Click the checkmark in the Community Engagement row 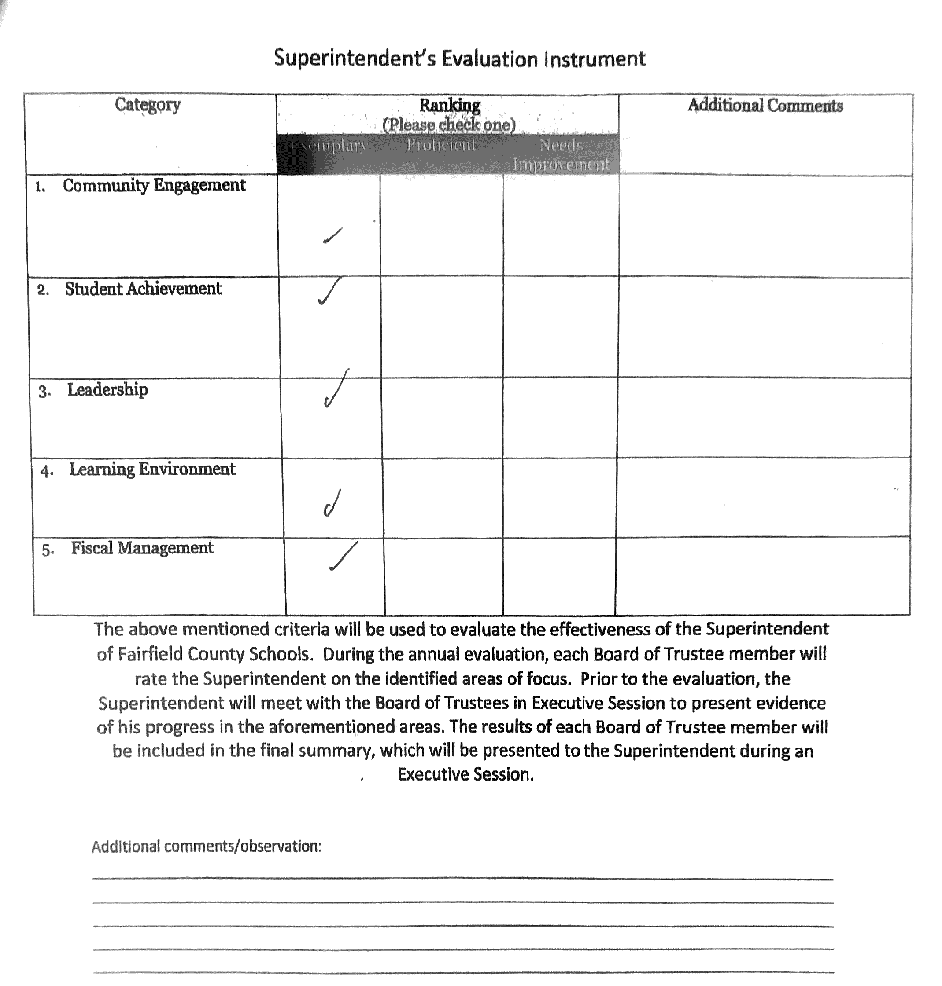click(333, 235)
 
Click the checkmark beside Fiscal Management click(344, 556)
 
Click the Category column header click(148, 105)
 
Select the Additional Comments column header click(765, 105)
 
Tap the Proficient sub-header click(441, 146)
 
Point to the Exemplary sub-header click(329, 146)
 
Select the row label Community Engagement click(154, 186)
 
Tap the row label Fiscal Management click(142, 548)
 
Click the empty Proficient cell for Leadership click(441, 418)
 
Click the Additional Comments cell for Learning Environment click(763, 497)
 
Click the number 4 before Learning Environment click(46, 471)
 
